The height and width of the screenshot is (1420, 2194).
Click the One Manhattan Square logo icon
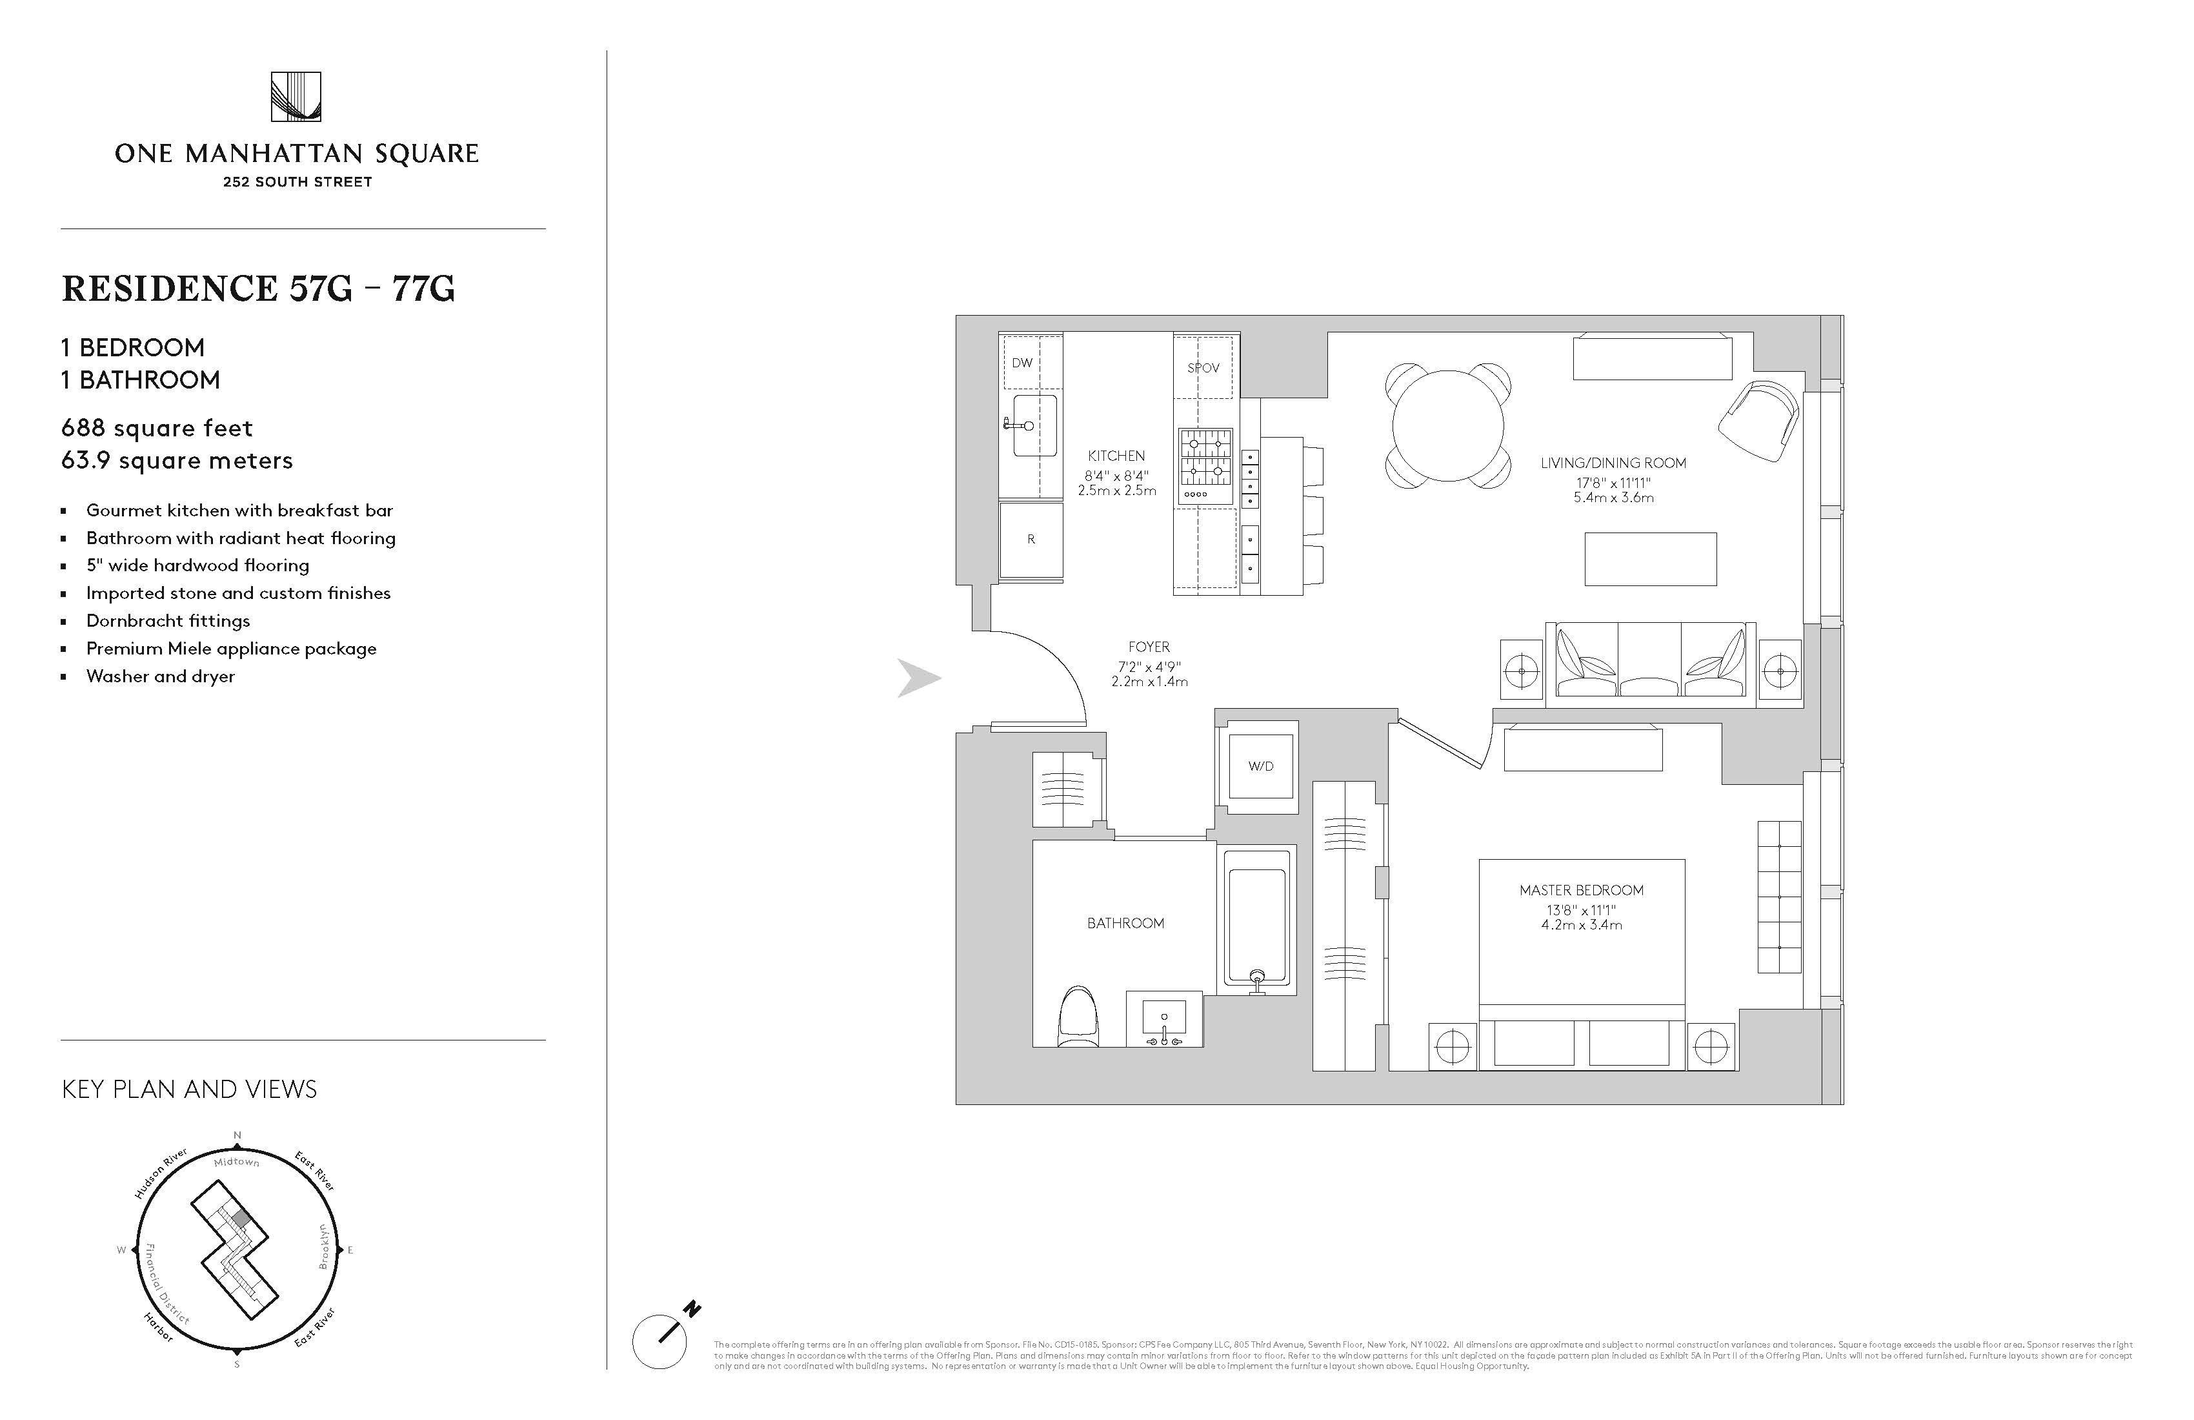[x=296, y=97]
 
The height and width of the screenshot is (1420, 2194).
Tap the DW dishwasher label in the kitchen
[x=1022, y=362]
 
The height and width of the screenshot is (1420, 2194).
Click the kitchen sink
[x=1034, y=425]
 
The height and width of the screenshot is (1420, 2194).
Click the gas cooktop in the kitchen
[x=1205, y=467]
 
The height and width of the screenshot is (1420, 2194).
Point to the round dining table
[x=1447, y=426]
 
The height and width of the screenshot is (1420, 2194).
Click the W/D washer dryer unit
[x=1260, y=766]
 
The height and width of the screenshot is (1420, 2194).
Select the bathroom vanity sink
[x=1164, y=1019]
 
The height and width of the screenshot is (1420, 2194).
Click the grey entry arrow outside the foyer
[x=918, y=678]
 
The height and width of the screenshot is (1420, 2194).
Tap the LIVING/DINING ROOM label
[x=1613, y=463]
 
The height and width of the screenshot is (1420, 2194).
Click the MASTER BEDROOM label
[x=1581, y=890]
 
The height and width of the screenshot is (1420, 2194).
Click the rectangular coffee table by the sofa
[x=1650, y=559]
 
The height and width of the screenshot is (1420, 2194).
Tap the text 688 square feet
[x=157, y=429]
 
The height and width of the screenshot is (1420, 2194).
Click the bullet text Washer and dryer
[x=161, y=676]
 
